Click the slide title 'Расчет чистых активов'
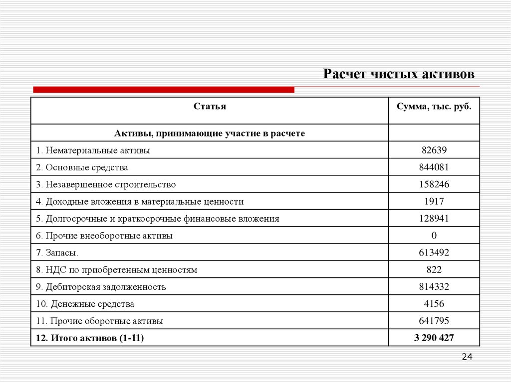pos(399,74)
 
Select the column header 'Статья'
pos(210,107)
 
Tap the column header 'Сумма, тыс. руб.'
pos(434,107)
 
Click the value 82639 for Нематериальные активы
pos(434,150)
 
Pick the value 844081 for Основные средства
pos(434,167)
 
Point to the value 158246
pos(434,184)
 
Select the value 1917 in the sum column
pos(434,201)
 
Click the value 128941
pos(434,219)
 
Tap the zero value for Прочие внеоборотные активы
pos(434,236)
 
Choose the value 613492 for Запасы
pos(434,253)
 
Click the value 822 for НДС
pos(434,270)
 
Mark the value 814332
pos(434,287)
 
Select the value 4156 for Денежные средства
pos(434,304)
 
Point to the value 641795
pos(434,321)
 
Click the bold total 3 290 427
pos(434,338)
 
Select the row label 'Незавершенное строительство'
pos(106,184)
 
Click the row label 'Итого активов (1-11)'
pos(90,338)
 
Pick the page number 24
pos(467,357)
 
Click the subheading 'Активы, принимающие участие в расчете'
pos(210,133)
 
